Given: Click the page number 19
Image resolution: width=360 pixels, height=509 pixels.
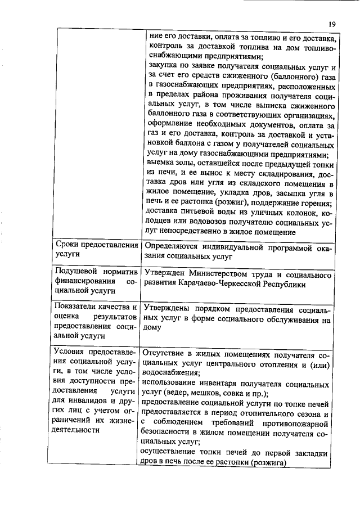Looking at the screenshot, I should pos(332,24).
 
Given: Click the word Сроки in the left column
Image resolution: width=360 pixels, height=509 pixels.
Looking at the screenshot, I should pos(67,245).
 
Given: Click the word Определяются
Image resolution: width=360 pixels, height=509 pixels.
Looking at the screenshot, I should pos(173,246).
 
